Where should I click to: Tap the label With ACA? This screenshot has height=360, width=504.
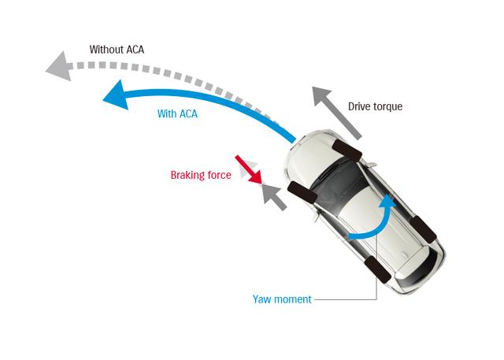click(177, 114)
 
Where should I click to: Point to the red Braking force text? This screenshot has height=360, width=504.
click(201, 176)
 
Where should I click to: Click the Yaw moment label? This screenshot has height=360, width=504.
click(282, 299)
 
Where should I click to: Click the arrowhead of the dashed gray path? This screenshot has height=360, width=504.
click(57, 68)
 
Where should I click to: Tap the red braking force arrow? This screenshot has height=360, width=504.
click(249, 170)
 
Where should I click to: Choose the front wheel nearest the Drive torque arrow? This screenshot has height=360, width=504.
click(346, 148)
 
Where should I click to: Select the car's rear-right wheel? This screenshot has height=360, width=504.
click(425, 228)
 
